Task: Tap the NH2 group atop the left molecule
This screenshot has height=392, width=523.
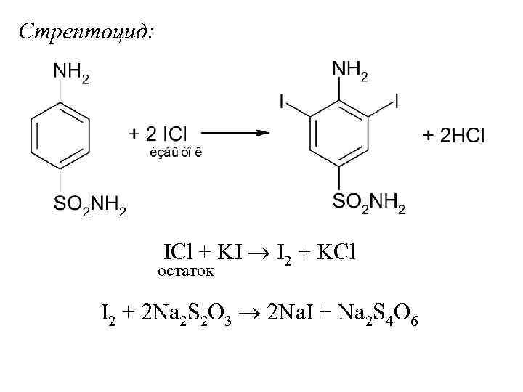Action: point(71,72)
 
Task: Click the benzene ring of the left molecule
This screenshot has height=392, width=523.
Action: point(61,135)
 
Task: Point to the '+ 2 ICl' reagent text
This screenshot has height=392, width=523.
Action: point(158,134)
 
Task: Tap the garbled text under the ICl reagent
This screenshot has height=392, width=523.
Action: point(176,152)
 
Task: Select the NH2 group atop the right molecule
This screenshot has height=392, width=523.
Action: point(350,70)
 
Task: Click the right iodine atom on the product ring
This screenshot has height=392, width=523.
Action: point(397,100)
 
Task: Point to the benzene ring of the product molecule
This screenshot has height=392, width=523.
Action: point(340,135)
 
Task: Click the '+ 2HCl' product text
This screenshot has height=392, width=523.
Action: point(454,136)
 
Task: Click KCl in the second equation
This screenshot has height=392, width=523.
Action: point(331,252)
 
